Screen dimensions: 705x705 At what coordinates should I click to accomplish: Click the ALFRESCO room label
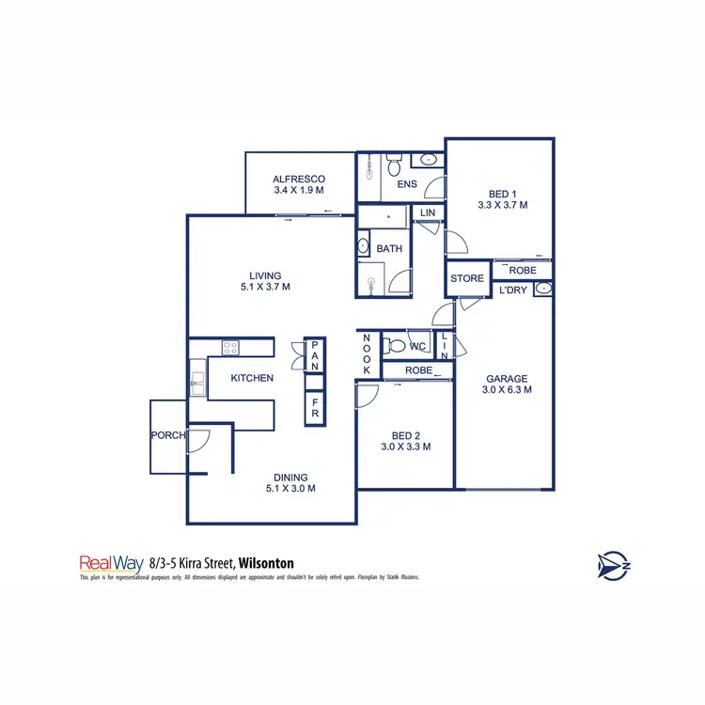tap(299, 179)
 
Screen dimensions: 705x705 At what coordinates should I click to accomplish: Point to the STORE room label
tap(466, 278)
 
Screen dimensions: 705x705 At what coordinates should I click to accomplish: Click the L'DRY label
tap(512, 290)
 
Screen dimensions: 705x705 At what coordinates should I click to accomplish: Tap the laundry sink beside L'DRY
tap(541, 290)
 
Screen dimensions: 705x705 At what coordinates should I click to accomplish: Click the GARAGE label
tap(507, 378)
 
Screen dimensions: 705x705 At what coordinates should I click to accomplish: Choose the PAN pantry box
tap(314, 355)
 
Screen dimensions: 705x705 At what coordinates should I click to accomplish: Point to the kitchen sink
tap(197, 380)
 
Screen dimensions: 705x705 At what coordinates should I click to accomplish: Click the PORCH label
tap(167, 435)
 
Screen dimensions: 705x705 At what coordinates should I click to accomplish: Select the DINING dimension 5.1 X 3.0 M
tap(290, 488)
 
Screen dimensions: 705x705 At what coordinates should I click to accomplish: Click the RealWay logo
tap(111, 564)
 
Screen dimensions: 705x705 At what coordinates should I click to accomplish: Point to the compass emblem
tap(612, 565)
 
